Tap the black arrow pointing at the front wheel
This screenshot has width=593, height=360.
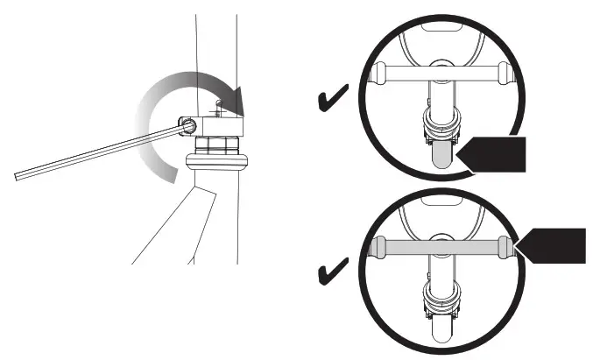tap(492, 157)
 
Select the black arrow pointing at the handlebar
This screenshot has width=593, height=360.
tap(552, 245)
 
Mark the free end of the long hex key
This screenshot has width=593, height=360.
tap(19, 178)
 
